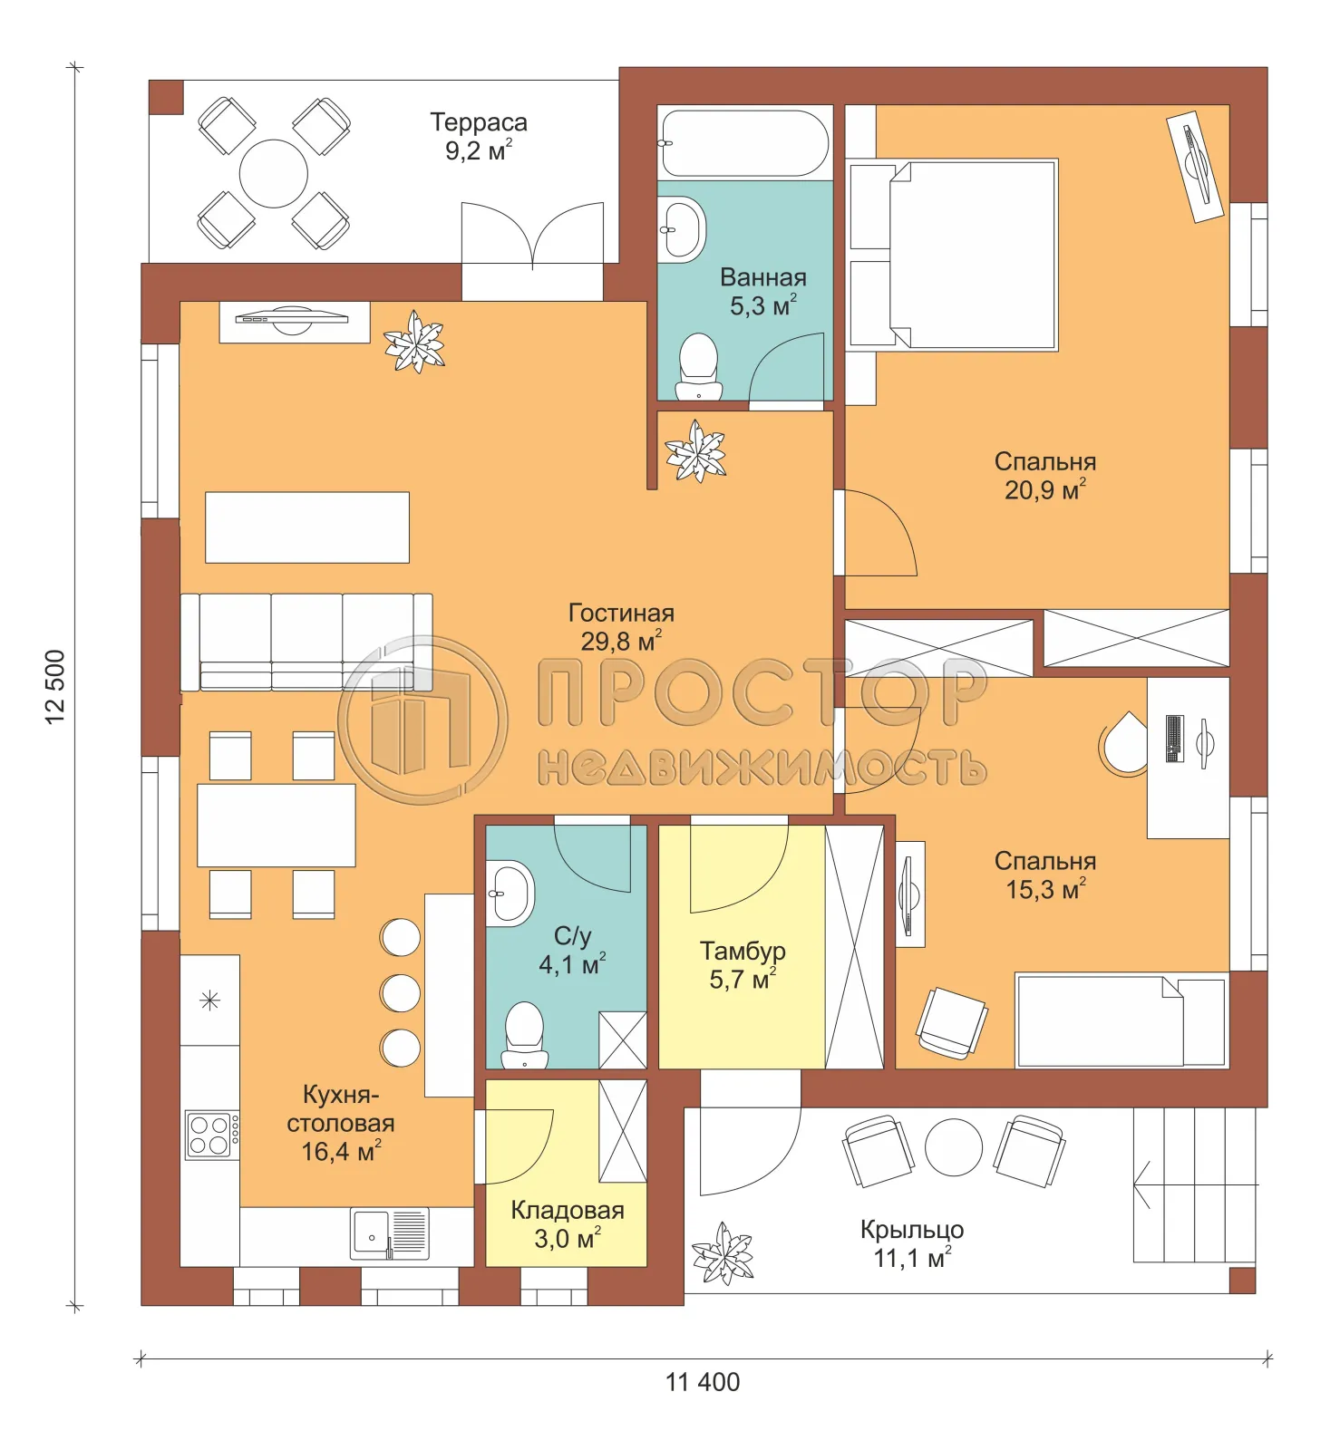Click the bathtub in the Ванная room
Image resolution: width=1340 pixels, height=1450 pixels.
pos(744,143)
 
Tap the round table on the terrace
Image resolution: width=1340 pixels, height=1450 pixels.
pos(273,173)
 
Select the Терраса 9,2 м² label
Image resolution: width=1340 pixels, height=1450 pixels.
pos(478,136)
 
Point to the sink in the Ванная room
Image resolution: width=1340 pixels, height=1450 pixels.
pos(682,229)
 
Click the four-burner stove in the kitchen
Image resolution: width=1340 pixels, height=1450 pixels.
pos(211,1135)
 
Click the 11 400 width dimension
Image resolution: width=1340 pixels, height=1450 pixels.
pos(703,1382)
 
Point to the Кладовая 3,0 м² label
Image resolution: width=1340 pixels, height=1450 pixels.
pos(567,1223)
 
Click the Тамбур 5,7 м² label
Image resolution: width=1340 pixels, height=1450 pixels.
pos(743,964)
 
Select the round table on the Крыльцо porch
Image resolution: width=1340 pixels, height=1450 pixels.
pos(953,1147)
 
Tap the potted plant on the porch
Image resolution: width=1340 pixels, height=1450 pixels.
pos(723,1254)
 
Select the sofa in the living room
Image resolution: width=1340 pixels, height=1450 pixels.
pos(306,642)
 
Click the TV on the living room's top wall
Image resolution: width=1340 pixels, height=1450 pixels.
pos(292,318)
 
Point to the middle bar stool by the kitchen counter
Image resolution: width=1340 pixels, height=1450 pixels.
pos(400,993)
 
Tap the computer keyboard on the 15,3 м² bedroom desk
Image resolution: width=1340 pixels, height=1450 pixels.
pos(1174,739)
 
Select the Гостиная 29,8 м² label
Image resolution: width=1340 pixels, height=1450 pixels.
pos(621,626)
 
